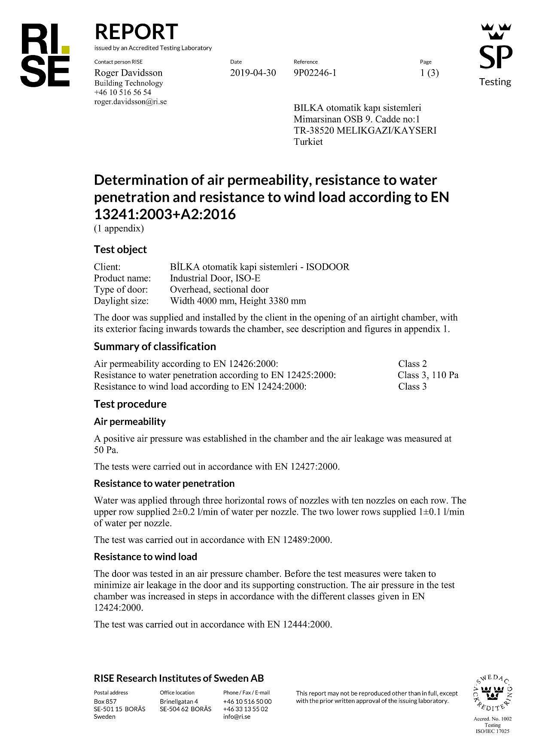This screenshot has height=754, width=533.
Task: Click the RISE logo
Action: click(x=45, y=55)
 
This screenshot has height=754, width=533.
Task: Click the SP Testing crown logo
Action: click(x=496, y=54)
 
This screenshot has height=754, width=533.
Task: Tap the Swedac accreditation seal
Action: click(x=492, y=693)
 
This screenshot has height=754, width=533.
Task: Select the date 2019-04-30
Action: click(x=253, y=73)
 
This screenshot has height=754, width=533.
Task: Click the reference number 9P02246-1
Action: click(x=315, y=73)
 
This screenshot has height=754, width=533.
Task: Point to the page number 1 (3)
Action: click(x=429, y=73)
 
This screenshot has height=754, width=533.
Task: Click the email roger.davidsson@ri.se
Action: click(x=131, y=102)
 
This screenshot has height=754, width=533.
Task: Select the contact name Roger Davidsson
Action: click(x=128, y=73)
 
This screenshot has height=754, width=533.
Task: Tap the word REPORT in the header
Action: click(x=136, y=32)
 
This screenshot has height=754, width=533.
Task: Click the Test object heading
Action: click(x=120, y=250)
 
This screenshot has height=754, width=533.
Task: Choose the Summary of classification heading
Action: click(x=155, y=346)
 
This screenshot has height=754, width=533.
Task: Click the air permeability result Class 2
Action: click(x=412, y=363)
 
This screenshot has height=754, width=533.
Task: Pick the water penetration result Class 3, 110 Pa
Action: click(x=428, y=375)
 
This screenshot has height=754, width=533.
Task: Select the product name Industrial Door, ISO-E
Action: click(x=215, y=278)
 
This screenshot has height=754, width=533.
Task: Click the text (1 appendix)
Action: click(x=119, y=229)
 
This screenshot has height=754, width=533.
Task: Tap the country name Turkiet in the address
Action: click(x=308, y=142)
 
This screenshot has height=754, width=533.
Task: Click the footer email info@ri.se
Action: click(x=237, y=717)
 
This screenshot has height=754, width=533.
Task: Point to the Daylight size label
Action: click(x=121, y=301)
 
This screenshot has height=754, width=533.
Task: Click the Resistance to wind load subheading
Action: click(x=145, y=557)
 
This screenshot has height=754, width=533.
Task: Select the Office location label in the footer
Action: click(x=177, y=693)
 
